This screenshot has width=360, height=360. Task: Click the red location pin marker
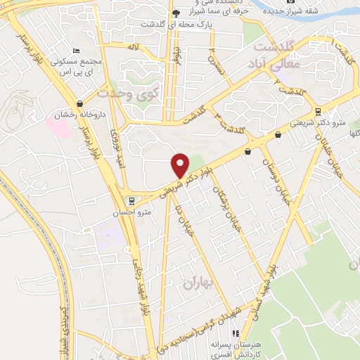[180, 165]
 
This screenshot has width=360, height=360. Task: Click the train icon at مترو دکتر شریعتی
[319, 112]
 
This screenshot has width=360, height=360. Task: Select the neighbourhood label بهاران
[198, 283]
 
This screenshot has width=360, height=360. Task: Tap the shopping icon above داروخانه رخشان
[79, 103]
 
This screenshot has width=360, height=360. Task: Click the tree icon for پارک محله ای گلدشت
[175, 13]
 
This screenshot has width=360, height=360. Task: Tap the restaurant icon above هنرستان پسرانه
[237, 333]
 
